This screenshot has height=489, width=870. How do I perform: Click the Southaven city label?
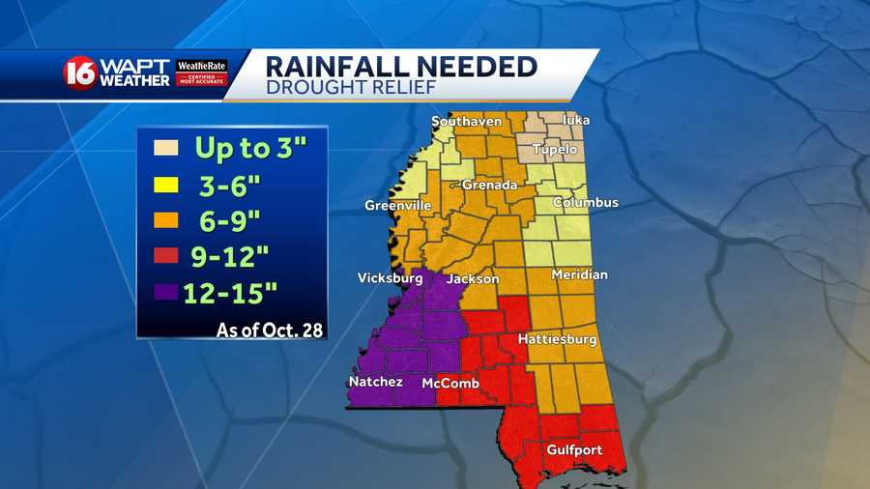(x=466, y=122)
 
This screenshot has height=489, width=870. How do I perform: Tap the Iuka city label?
(x=575, y=121)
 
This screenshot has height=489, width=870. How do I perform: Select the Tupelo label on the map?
(x=554, y=150)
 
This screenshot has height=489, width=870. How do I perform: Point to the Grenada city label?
(x=489, y=185)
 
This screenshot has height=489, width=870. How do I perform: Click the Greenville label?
(x=397, y=206)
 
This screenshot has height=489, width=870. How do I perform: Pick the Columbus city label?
(x=585, y=203)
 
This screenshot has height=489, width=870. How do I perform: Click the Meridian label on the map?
(x=580, y=275)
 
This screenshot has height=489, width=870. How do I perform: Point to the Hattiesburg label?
(x=557, y=340)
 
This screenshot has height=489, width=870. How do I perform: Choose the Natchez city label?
(x=375, y=383)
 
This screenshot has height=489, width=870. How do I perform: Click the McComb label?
(x=450, y=384)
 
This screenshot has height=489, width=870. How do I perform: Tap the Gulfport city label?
(x=574, y=450)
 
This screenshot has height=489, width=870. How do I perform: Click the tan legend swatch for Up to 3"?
(x=165, y=150)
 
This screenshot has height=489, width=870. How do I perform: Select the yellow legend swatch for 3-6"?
(x=165, y=185)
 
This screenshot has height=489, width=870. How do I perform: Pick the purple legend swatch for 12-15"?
(x=165, y=290)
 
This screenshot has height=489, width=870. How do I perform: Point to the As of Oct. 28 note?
(x=269, y=331)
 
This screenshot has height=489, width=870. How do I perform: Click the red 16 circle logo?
(x=80, y=73)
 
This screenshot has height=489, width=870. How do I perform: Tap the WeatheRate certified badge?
(x=201, y=72)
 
